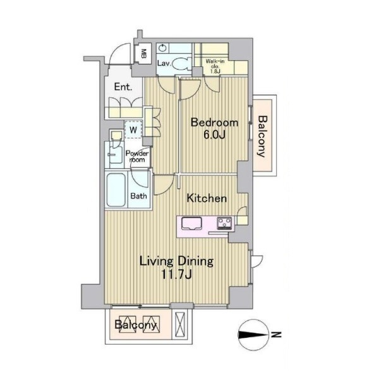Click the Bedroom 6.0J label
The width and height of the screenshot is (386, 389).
(215, 129)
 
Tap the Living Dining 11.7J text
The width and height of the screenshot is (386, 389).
(177, 268)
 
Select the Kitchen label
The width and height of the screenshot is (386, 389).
(207, 198)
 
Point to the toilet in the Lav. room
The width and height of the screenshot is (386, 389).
(181, 63)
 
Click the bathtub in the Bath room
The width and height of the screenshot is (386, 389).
(116, 190)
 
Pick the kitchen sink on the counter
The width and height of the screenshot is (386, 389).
(191, 223)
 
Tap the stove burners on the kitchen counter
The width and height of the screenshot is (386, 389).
(224, 223)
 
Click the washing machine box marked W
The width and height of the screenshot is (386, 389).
(133, 130)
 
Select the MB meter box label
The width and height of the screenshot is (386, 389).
(143, 53)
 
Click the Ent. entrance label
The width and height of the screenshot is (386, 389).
(123, 87)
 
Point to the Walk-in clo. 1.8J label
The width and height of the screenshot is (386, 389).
(215, 66)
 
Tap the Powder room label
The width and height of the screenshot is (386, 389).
(137, 156)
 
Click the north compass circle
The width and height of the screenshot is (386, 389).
(254, 335)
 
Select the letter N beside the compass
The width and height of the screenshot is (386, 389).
(276, 335)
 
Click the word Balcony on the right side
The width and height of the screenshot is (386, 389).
(263, 137)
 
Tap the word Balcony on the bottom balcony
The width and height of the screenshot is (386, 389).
(136, 324)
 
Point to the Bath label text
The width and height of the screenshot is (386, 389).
(138, 196)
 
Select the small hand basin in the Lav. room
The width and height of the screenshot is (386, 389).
(162, 47)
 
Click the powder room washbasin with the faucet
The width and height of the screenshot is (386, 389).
(116, 154)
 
